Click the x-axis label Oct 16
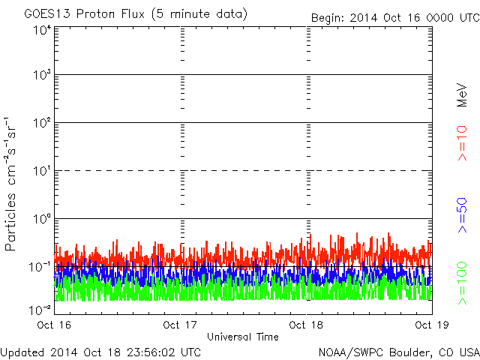tap(55, 325)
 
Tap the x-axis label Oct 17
tap(181, 325)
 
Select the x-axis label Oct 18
tap(307, 325)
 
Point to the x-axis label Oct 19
tap(431, 325)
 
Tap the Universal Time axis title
tap(243, 337)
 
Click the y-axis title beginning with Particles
tap(12, 183)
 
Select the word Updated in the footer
tap(24, 351)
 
